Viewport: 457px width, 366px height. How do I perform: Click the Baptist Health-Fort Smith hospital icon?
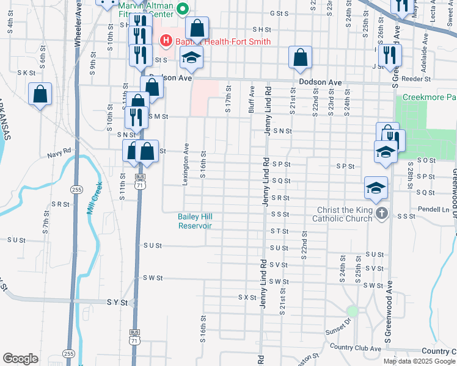(164, 41)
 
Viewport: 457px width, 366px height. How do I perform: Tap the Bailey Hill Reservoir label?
(195, 221)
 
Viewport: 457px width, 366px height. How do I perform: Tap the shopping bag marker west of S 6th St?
(40, 95)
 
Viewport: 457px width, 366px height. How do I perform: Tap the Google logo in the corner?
(20, 359)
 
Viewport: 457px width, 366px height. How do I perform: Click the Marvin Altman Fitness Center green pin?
(182, 9)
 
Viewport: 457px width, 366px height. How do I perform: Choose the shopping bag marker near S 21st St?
(301, 57)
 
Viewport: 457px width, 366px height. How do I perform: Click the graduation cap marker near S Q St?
(376, 187)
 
